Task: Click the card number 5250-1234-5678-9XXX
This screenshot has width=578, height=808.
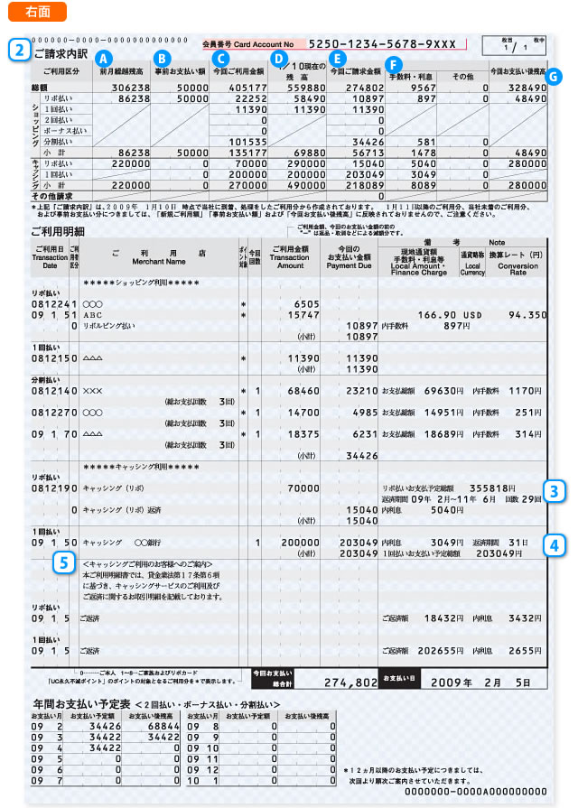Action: coord(383,43)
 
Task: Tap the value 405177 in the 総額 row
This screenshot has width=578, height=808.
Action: coord(238,88)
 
